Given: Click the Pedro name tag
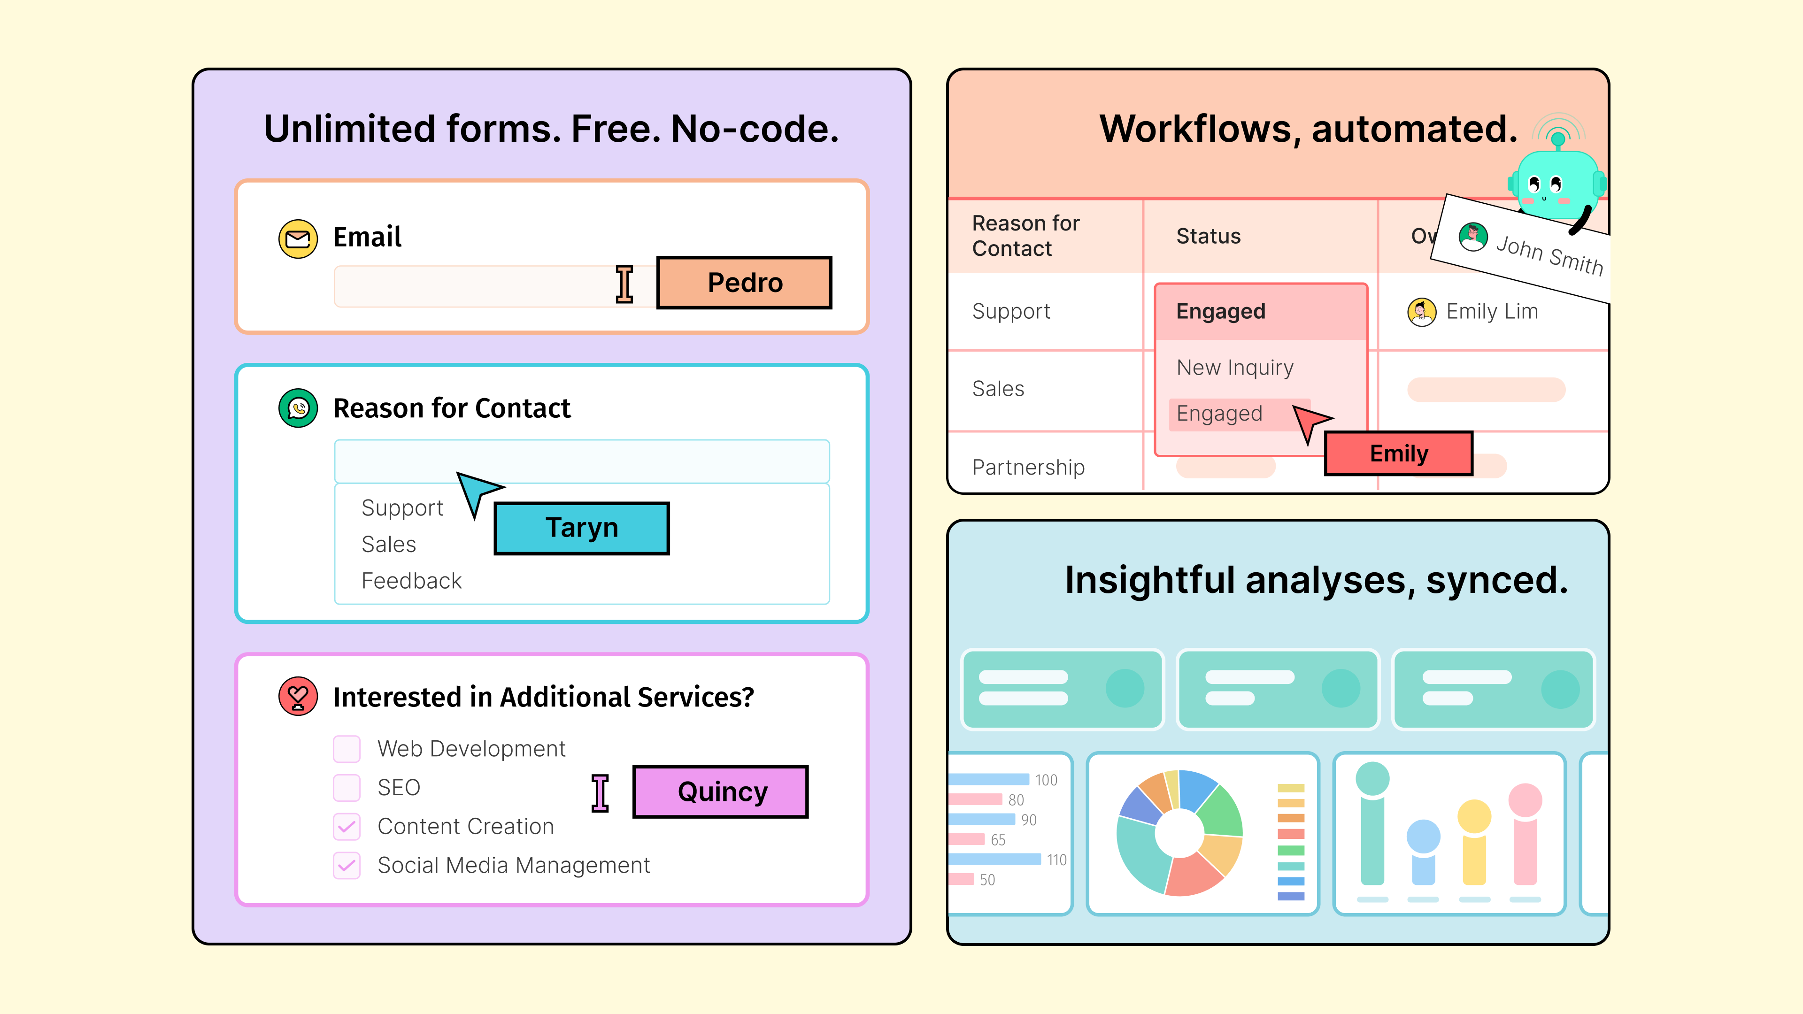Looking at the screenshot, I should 744,283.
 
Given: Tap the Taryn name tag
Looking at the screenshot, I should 582,528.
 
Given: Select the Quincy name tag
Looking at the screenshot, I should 721,791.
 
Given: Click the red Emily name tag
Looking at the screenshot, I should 1398,453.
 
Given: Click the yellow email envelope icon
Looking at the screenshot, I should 298,238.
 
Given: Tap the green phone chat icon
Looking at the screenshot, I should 298,408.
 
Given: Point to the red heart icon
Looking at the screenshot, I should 298,696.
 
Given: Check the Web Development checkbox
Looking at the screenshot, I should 347,749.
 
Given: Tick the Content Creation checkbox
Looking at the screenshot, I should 347,826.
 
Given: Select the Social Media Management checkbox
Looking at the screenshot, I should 347,866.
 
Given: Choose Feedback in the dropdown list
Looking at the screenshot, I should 412,581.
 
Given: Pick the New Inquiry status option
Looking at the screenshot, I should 1235,368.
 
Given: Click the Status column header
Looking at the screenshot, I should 1208,237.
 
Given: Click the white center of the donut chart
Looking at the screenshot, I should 1179,833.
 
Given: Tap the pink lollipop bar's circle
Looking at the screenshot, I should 1525,800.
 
